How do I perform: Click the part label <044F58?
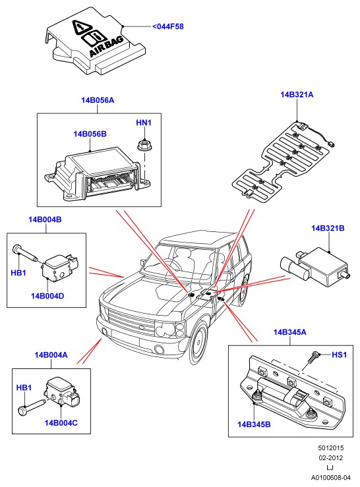pyautogui.click(x=168, y=26)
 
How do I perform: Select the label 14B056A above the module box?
pyautogui.click(x=98, y=100)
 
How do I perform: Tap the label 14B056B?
pyautogui.click(x=90, y=134)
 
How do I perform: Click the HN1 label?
pyautogui.click(x=144, y=123)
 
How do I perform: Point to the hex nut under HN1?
pyautogui.click(x=143, y=145)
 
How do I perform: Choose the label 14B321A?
pyautogui.click(x=297, y=95)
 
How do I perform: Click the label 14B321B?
pyautogui.click(x=328, y=228)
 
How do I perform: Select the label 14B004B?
pyautogui.click(x=45, y=219)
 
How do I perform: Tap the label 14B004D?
pyautogui.click(x=47, y=296)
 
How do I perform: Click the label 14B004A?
pyautogui.click(x=51, y=355)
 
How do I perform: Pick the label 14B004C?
pyautogui.click(x=61, y=422)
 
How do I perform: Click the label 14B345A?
pyautogui.click(x=289, y=332)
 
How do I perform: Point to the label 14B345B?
pyautogui.click(x=254, y=424)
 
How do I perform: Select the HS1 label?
pyautogui.click(x=339, y=355)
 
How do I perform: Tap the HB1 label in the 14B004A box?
pyautogui.click(x=24, y=388)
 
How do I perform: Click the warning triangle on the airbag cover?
pyautogui.click(x=80, y=27)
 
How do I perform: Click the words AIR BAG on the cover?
pyautogui.click(x=106, y=47)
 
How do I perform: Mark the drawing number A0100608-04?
pyautogui.click(x=331, y=477)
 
